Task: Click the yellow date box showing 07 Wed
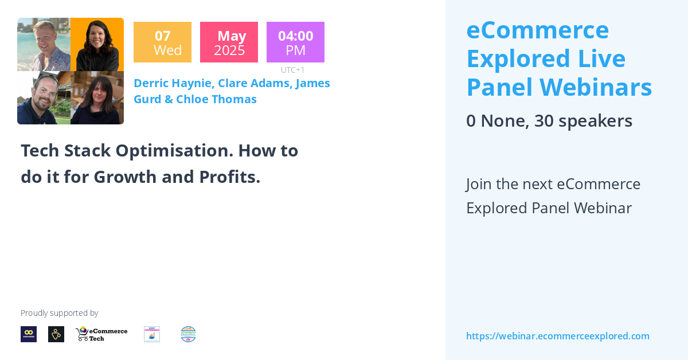pyautogui.click(x=162, y=42)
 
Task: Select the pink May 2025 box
pyautogui.click(x=229, y=42)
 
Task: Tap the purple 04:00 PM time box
pyautogui.click(x=295, y=42)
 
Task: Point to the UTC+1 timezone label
pyautogui.click(x=292, y=70)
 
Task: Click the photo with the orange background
pyautogui.click(x=97, y=45)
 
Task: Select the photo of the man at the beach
pyautogui.click(x=44, y=45)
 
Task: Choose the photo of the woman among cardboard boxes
pyautogui.click(x=97, y=97)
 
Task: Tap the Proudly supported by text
pyautogui.click(x=59, y=313)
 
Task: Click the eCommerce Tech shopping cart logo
pyautogui.click(x=101, y=334)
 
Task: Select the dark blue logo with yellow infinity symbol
pyautogui.click(x=29, y=334)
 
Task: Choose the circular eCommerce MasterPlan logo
pyautogui.click(x=188, y=334)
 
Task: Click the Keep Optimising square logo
pyautogui.click(x=152, y=334)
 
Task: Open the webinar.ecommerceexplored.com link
pyautogui.click(x=557, y=336)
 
